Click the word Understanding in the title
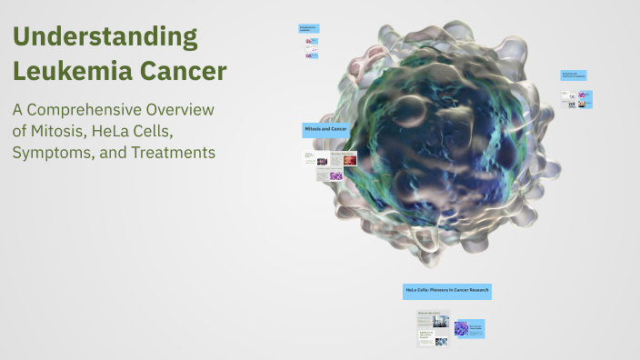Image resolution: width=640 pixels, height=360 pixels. coord(105,37)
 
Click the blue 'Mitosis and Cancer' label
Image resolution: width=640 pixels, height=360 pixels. coord(325,130)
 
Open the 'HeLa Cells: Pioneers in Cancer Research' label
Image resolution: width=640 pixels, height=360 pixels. coord(447,290)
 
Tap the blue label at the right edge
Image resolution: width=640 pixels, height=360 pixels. coord(574,75)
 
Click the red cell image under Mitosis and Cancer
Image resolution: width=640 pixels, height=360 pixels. coord(349,159)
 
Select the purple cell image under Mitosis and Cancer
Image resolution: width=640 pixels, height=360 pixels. coord(336,175)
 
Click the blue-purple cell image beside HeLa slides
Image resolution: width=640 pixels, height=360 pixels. coord(462,329)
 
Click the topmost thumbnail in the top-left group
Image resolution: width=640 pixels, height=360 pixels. coord(312,43)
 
